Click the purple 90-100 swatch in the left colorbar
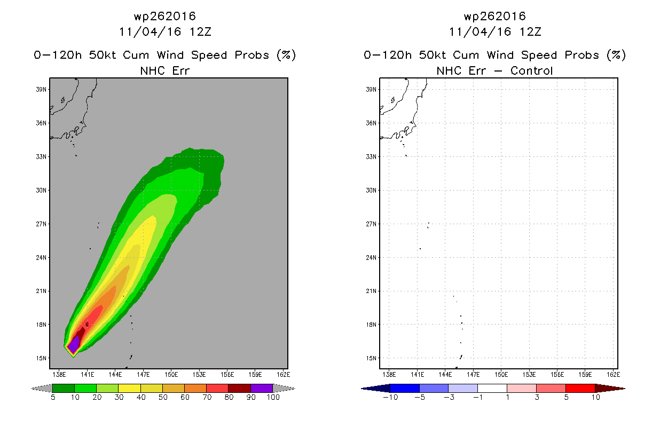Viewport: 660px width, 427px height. click(x=262, y=388)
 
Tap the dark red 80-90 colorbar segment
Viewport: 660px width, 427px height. click(x=239, y=388)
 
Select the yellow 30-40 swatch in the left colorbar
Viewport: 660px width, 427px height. click(x=129, y=388)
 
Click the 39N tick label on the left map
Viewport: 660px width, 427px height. click(x=41, y=90)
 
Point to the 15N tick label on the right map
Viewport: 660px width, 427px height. click(x=371, y=358)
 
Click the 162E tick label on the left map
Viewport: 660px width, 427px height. click(x=283, y=375)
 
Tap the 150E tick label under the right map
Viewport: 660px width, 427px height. click(x=501, y=375)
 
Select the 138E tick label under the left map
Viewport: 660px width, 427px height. click(x=59, y=375)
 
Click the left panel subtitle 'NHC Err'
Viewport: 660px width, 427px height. click(x=164, y=71)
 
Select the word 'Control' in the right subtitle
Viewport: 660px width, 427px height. click(x=531, y=71)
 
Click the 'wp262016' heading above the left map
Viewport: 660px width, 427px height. click(x=164, y=17)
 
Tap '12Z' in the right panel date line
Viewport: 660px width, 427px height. click(x=530, y=32)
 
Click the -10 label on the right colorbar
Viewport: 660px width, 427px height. click(x=390, y=398)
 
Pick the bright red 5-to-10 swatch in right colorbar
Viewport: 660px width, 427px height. click(x=580, y=388)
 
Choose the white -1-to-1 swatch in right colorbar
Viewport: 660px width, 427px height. click(x=492, y=388)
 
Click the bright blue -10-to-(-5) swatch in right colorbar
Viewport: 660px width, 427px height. click(x=405, y=388)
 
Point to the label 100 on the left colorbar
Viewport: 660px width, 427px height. click(x=273, y=398)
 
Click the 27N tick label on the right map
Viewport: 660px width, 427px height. click(x=371, y=224)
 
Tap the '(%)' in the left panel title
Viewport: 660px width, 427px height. click(x=286, y=56)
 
